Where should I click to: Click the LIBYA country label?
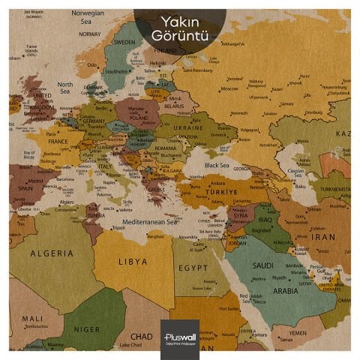pyautogui.click(x=133, y=262)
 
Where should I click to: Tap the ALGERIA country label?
pyautogui.click(x=52, y=253)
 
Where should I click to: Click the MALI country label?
pyautogui.click(x=31, y=318)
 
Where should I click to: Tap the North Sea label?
pyautogui.click(x=65, y=88)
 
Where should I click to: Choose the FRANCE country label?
pyautogui.click(x=58, y=140)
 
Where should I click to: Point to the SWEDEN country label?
pyautogui.click(x=123, y=43)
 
